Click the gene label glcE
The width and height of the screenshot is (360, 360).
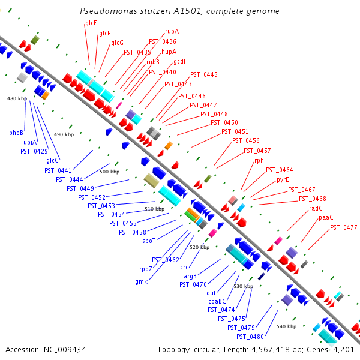(x=91, y=23)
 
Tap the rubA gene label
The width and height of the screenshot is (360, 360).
(x=172, y=31)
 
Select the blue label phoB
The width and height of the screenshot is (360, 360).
(x=16, y=133)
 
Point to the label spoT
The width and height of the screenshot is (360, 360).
(x=149, y=241)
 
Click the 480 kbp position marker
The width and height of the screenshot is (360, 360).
(x=17, y=98)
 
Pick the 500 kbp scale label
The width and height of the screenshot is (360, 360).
(x=110, y=172)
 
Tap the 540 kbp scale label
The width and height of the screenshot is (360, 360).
(x=287, y=326)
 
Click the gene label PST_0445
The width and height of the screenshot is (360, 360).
(x=204, y=74)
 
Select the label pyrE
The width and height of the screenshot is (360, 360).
(x=283, y=180)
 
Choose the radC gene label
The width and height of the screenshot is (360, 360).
(x=316, y=208)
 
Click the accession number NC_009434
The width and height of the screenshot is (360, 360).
(x=65, y=350)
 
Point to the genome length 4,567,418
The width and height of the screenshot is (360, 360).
(x=271, y=350)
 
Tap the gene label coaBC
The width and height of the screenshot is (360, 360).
(x=217, y=301)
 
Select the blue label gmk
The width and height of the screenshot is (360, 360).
(x=142, y=281)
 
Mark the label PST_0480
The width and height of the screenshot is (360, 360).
(x=250, y=337)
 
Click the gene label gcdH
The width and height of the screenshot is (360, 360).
(x=181, y=62)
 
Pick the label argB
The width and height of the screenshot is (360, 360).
(x=190, y=276)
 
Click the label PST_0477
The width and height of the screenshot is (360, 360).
(x=343, y=227)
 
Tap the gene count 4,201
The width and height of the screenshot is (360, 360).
(x=344, y=350)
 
